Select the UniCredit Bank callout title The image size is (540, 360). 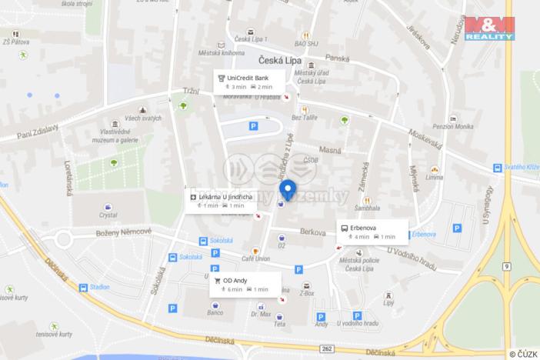point(248,78)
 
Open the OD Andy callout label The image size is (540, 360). point(235,281)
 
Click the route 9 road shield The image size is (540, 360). point(507,265)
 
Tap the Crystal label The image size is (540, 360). point(108,215)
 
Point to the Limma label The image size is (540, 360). point(434,177)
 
